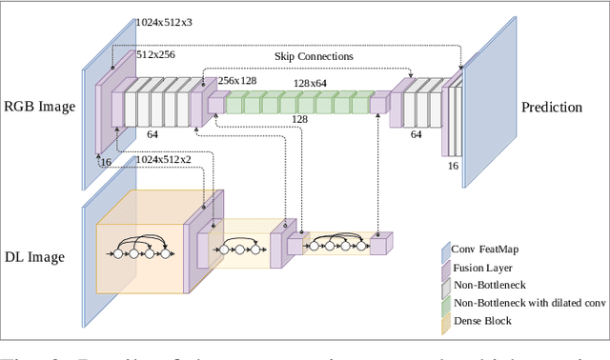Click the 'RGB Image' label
tap(40, 107)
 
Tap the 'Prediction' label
tap(551, 107)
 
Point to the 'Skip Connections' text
tap(315, 56)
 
